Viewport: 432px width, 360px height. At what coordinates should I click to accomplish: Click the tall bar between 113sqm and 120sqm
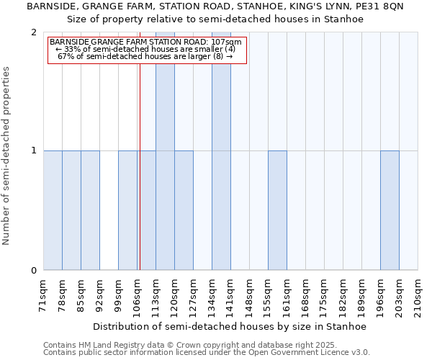pyautogui.click(x=165, y=151)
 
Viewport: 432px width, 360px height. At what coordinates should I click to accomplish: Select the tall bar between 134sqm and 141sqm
pyautogui.click(x=221, y=151)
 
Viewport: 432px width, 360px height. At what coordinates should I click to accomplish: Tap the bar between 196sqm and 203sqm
pyautogui.click(x=390, y=210)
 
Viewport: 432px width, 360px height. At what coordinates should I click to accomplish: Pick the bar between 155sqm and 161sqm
pyautogui.click(x=277, y=210)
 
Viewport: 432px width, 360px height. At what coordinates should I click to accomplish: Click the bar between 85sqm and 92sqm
pyautogui.click(x=90, y=210)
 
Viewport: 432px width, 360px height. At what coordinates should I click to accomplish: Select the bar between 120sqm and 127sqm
pyautogui.click(x=184, y=210)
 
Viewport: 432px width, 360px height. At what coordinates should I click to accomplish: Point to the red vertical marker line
pyautogui.click(x=140, y=180)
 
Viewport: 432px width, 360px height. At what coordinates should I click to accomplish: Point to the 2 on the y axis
pyautogui.click(x=34, y=32)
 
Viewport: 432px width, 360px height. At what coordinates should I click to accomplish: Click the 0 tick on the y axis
pyautogui.click(x=34, y=271)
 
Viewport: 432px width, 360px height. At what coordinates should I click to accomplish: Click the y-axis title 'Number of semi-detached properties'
pyautogui.click(x=7, y=156)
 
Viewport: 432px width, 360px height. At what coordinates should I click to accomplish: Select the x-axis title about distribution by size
pyautogui.click(x=230, y=326)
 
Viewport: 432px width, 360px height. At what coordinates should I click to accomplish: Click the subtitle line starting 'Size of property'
pyautogui.click(x=215, y=19)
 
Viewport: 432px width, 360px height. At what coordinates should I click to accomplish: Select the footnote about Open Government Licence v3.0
pyautogui.click(x=207, y=353)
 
